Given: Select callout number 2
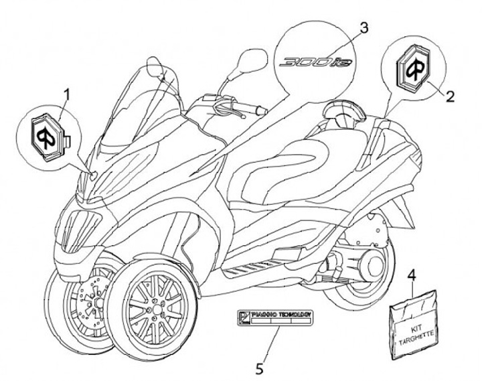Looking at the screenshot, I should click(450, 96).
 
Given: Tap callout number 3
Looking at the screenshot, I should click(363, 28).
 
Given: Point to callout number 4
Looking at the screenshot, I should click(412, 275).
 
